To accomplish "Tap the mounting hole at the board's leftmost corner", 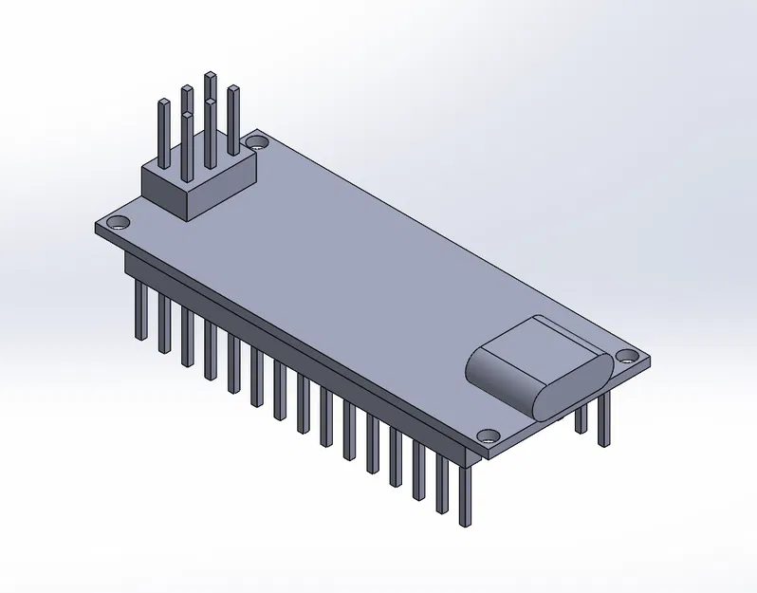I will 119,224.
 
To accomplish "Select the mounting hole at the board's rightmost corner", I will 627,357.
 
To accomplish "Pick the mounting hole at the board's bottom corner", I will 489,436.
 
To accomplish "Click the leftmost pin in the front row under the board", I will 140,308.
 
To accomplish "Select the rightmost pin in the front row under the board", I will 465,493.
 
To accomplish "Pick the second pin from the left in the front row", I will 164,323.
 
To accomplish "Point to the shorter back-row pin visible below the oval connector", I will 582,417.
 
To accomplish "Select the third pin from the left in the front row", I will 187,337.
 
